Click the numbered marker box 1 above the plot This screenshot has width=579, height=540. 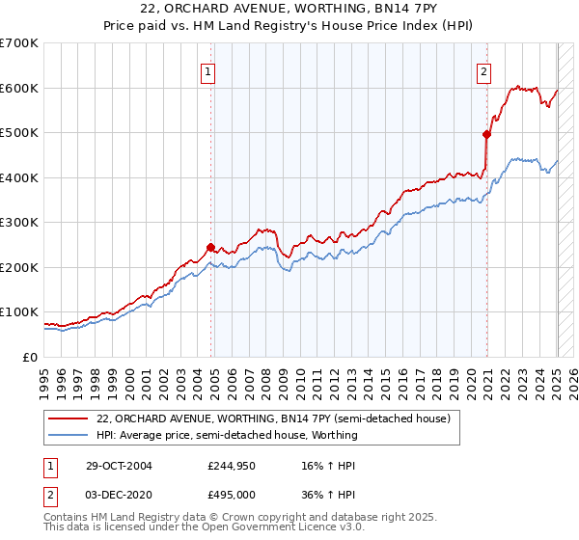[208, 69]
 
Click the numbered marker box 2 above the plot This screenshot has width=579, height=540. [483, 69]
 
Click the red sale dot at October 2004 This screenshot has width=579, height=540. [210, 247]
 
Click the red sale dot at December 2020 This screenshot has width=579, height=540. [486, 135]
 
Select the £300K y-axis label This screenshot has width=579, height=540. [19, 223]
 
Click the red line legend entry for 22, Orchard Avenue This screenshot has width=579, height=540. [273, 418]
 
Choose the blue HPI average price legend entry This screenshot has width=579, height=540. [227, 435]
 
